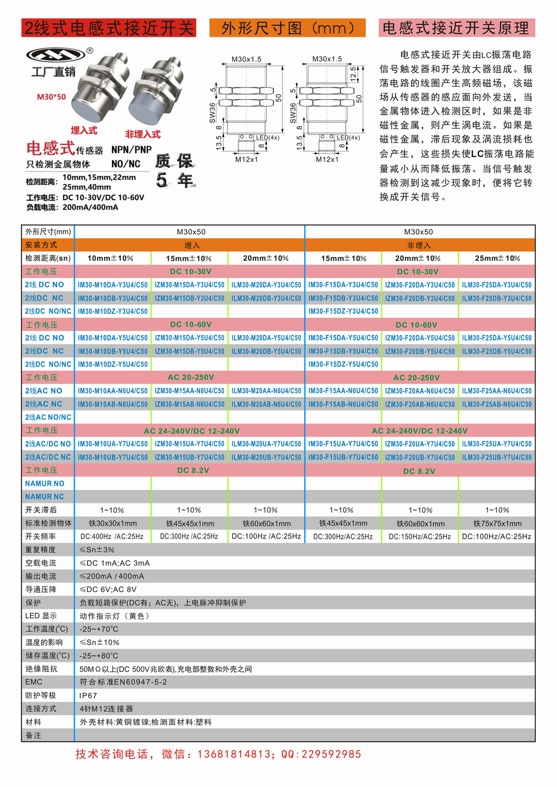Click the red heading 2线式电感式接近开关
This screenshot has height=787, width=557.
[x=109, y=28]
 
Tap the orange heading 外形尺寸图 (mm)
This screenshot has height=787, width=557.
[x=287, y=28]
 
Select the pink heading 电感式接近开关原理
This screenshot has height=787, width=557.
[x=456, y=28]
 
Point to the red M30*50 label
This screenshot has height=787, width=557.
[x=51, y=96]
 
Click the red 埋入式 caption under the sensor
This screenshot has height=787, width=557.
[x=84, y=130]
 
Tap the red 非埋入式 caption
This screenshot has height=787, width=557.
[x=143, y=134]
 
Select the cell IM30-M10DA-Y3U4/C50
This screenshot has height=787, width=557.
[x=113, y=285]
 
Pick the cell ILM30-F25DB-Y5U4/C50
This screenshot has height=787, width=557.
[x=496, y=351]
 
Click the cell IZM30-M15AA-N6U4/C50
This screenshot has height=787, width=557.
[x=189, y=391]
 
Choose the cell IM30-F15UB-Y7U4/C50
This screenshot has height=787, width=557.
[x=343, y=457]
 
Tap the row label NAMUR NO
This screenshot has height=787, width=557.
[x=45, y=483]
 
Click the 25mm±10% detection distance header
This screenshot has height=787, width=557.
[x=497, y=258]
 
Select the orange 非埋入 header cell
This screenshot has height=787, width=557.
[x=419, y=245]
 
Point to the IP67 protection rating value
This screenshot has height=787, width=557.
[x=88, y=696]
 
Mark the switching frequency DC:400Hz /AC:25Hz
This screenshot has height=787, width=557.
[x=112, y=536]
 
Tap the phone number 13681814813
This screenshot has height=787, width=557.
[x=233, y=754]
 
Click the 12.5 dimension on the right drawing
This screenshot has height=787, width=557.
[x=353, y=73]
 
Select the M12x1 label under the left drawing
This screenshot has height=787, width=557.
[x=246, y=159]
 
